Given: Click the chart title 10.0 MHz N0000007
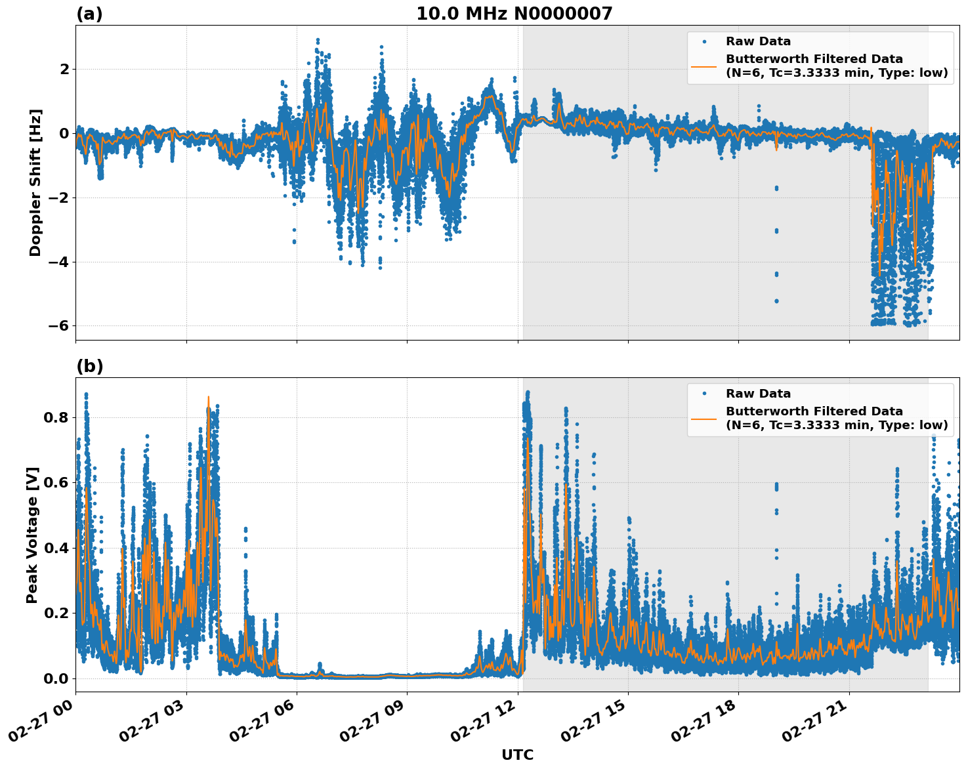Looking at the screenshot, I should coord(514,14).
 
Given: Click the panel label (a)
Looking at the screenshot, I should coord(89,14).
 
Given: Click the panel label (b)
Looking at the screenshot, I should coord(90,366).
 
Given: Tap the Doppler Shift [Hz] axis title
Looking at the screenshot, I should coord(35,182).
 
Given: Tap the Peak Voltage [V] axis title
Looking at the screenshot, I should coord(32,535).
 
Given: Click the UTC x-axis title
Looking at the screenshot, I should coord(517,755).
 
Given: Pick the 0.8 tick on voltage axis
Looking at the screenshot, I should coord(56,418).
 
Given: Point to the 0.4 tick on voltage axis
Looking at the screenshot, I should coord(56,548).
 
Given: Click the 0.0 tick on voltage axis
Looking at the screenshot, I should coord(56,678).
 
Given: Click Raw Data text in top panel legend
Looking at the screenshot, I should coord(758,41).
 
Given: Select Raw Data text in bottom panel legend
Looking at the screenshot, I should coord(758,394).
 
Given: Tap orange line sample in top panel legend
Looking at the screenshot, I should coord(704,66).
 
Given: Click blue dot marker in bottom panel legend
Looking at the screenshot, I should coord(704,394).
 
